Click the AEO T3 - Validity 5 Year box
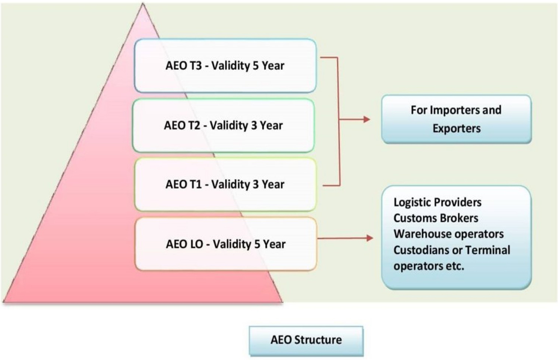(x=225, y=66)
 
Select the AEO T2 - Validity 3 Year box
(x=223, y=126)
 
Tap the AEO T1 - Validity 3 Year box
(x=225, y=184)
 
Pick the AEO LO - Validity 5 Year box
(x=226, y=244)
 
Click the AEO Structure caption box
(x=306, y=340)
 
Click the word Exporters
(x=456, y=129)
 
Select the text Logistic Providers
(x=437, y=202)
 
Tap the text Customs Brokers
(x=436, y=218)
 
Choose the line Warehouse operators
(x=448, y=234)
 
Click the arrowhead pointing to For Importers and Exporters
(x=366, y=119)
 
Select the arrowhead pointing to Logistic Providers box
(x=369, y=238)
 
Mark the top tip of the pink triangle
(x=143, y=4)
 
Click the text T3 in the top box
(x=196, y=66)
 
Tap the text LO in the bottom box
(x=195, y=244)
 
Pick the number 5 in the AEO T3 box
(x=256, y=66)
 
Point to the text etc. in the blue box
(x=455, y=266)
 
